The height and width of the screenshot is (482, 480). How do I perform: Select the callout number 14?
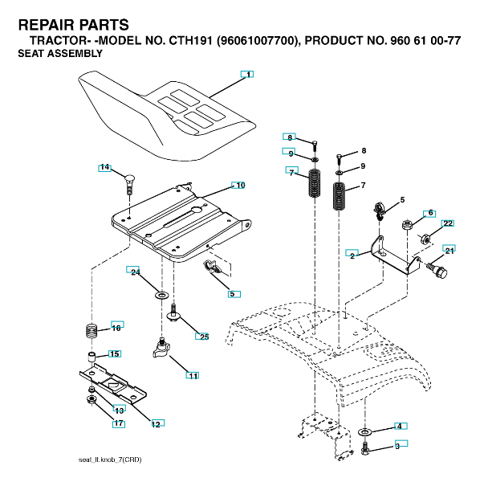click(x=104, y=167)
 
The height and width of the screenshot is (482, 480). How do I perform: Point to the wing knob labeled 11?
click(x=161, y=348)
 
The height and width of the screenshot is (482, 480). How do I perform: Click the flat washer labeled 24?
click(x=161, y=296)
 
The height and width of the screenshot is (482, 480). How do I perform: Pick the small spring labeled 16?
click(x=92, y=331)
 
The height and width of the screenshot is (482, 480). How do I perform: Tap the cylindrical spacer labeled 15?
click(x=92, y=357)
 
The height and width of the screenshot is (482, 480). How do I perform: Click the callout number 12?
click(x=156, y=424)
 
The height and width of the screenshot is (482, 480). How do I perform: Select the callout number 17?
click(x=119, y=423)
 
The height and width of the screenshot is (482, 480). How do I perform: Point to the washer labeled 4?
click(x=364, y=432)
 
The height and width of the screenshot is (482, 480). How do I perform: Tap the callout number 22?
click(x=448, y=223)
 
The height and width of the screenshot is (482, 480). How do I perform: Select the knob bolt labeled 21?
click(x=437, y=270)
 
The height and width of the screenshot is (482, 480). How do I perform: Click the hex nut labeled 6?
click(x=407, y=224)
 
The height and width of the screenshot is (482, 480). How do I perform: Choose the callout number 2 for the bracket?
click(x=352, y=255)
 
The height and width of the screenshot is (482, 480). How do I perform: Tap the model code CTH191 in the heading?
click(x=190, y=41)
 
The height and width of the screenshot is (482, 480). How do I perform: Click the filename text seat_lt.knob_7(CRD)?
click(x=110, y=460)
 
